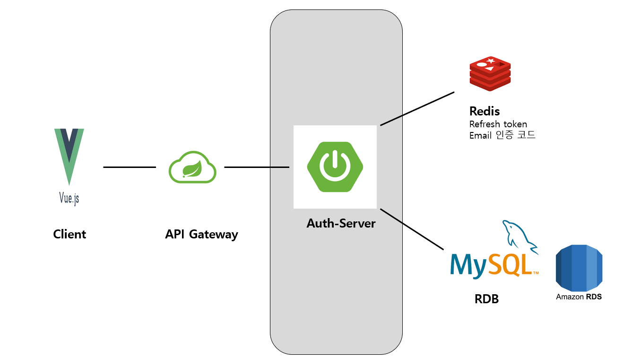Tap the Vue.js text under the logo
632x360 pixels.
pos(69,197)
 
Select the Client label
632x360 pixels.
pos(69,234)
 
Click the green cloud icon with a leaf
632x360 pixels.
pos(192,167)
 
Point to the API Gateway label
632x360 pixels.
pos(201,234)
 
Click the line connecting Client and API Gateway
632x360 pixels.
pos(129,167)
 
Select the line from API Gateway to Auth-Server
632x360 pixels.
pos(256,167)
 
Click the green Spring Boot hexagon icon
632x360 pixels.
pos(335,167)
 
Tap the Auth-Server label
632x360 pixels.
pos(341,223)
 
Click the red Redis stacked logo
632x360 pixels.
pos(490,74)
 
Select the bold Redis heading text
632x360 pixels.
pos(485,111)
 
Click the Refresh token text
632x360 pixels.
pos(498,124)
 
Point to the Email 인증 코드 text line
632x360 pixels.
pos(502,135)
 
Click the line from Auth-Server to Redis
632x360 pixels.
pos(417,109)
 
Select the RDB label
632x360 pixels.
pos(486,299)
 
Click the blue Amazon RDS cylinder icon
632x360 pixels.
pos(579,267)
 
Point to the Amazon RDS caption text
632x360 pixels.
pos(579,297)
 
